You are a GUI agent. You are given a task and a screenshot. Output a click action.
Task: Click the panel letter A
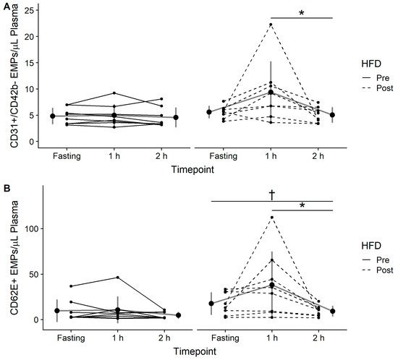click(x=7, y=7)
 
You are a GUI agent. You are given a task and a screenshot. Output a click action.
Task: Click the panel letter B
click(x=7, y=189)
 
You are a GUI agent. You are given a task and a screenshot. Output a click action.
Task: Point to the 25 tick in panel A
click(x=30, y=10)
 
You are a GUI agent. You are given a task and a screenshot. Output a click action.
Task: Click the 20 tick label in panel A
click(x=30, y=37)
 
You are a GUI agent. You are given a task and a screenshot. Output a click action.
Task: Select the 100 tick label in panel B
click(x=33, y=228)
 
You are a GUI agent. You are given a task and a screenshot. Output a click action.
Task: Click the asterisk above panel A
click(x=302, y=13)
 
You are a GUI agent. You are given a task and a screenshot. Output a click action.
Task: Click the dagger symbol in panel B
click(x=272, y=194)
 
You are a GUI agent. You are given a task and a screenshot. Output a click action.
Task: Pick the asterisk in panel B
click(x=302, y=205)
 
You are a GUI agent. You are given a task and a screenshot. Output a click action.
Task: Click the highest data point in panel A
click(x=271, y=25)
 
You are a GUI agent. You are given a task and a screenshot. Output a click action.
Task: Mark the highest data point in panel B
click(x=272, y=218)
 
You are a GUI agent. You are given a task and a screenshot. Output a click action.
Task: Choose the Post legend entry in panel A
click(x=378, y=88)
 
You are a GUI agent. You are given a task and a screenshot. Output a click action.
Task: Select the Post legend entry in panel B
click(x=378, y=270)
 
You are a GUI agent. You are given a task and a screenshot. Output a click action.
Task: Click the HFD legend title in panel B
click(x=371, y=246)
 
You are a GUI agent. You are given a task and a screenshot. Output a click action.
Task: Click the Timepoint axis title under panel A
click(x=192, y=169)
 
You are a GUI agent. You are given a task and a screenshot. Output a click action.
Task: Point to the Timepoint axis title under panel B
click(x=195, y=351)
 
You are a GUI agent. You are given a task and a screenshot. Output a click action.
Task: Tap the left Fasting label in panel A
click(x=67, y=156)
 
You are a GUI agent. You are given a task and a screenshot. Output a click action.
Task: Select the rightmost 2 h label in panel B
click(x=318, y=338)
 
